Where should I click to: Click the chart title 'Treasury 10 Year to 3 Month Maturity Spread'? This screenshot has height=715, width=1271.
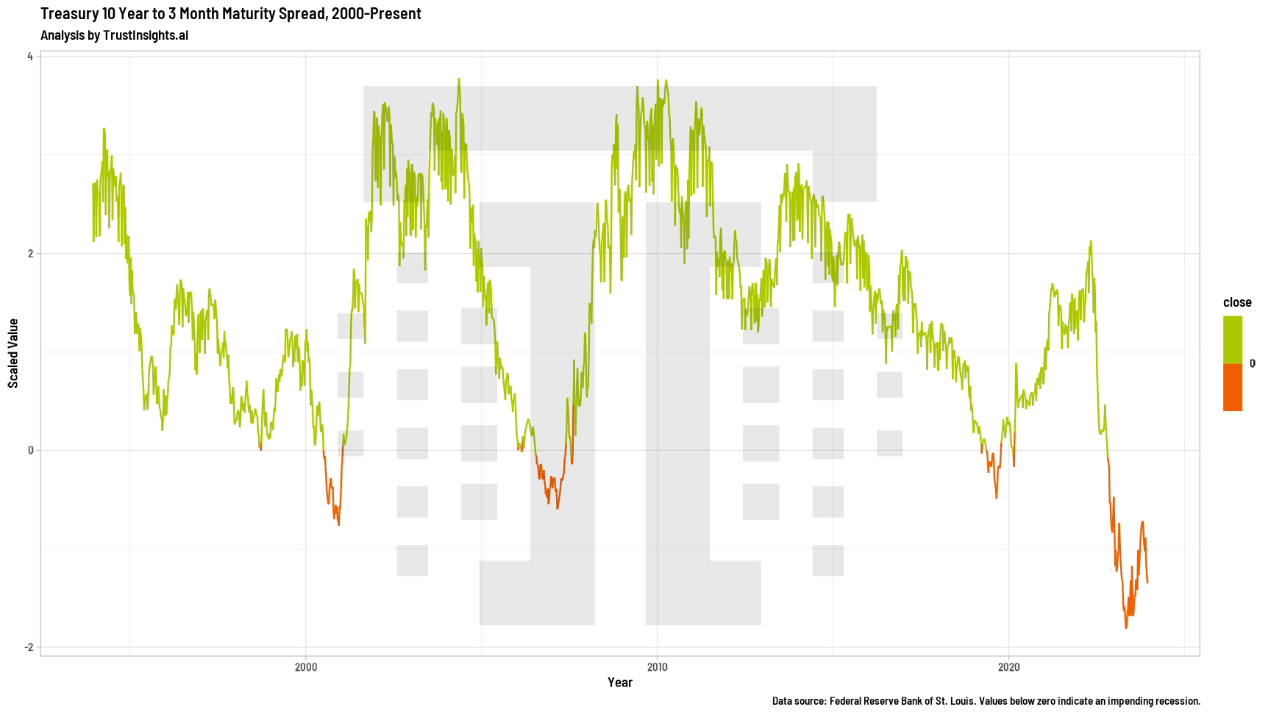pos(230,13)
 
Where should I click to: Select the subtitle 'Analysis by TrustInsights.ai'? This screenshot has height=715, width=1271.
pos(114,35)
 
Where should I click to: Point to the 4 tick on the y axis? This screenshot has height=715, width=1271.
pos(30,57)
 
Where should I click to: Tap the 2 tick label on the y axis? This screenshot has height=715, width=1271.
pos(30,254)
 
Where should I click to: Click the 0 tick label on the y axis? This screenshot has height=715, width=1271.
pos(30,450)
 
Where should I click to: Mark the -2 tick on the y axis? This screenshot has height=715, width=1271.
pos(29,647)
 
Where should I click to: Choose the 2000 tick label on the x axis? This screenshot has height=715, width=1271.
pos(305,667)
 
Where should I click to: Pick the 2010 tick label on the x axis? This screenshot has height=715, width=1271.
pos(657,667)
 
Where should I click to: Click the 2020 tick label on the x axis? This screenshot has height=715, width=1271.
pos(1008,667)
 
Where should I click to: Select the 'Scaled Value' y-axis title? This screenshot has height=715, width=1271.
pos(13,353)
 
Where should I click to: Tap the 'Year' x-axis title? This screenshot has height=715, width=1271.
pos(620,683)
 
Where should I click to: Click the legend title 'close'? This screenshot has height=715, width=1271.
pos(1237,302)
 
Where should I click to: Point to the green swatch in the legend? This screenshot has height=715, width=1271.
pos(1233,339)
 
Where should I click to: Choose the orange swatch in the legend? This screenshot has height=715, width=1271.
pos(1233,388)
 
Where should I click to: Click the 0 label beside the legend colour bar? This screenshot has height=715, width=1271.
pos(1253,363)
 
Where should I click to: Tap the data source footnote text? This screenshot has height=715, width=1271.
pos(986,701)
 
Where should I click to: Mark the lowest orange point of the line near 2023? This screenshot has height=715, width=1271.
pos(1125,627)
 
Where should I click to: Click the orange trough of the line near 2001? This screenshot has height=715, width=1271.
pos(338,524)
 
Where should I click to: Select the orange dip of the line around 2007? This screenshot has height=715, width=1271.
pos(558,508)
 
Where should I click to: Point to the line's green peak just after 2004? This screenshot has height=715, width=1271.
pos(459,79)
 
